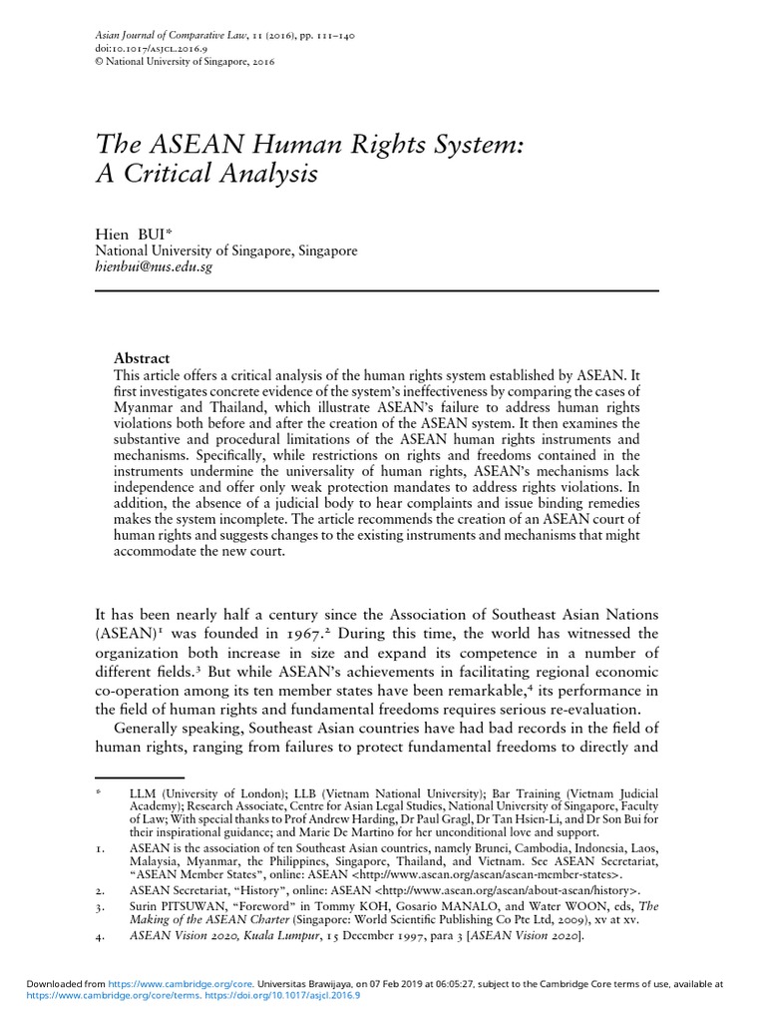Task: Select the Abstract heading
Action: [x=143, y=358]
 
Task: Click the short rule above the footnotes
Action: [x=140, y=775]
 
